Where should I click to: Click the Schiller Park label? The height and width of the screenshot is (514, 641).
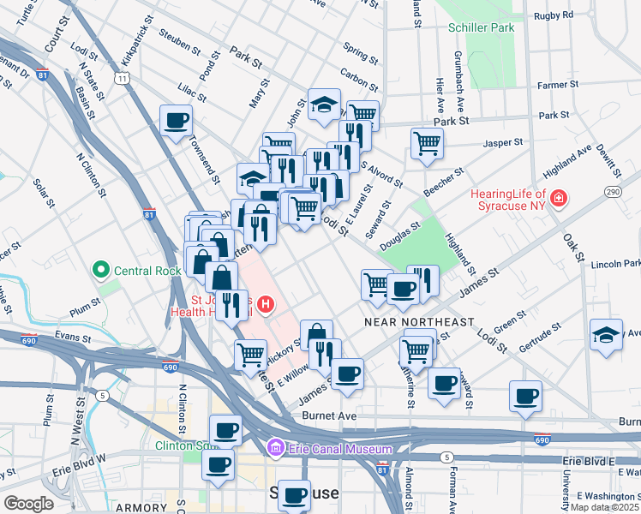click(x=481, y=27)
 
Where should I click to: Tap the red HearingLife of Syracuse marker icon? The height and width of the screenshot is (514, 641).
click(x=559, y=200)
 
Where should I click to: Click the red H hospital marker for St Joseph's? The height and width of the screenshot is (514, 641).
click(x=266, y=302)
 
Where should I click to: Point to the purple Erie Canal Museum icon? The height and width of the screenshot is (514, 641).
click(x=276, y=448)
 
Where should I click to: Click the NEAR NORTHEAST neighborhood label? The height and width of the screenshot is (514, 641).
click(x=419, y=322)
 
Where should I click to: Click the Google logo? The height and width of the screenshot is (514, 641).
click(x=28, y=503)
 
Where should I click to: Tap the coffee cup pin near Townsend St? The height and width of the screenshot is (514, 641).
click(x=177, y=120)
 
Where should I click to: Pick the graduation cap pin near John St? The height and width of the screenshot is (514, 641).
click(x=324, y=105)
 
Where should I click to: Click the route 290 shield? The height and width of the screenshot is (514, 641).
click(x=614, y=192)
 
